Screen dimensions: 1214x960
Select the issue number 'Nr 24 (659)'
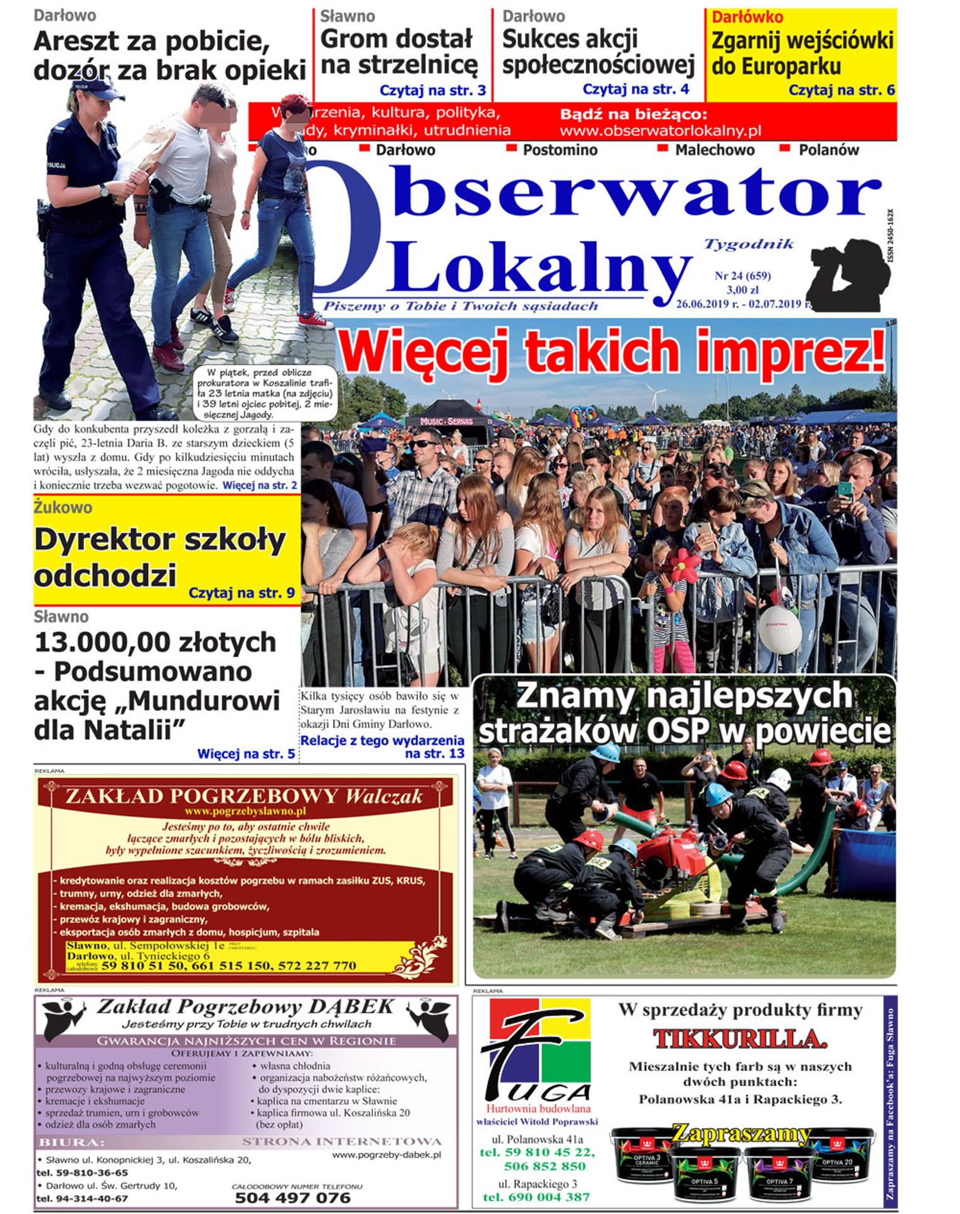click(x=742, y=275)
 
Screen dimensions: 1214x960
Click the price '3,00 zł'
click(x=742, y=290)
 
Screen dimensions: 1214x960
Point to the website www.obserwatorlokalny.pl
click(x=660, y=131)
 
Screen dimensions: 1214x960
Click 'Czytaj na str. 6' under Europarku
click(x=841, y=90)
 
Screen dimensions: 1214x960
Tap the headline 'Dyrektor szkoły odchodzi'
click(x=159, y=556)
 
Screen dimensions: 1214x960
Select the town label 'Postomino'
click(x=560, y=151)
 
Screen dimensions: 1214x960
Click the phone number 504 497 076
click(x=292, y=1198)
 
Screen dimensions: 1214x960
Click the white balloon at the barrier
click(x=780, y=628)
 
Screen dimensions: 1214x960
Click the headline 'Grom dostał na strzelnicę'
click(x=398, y=52)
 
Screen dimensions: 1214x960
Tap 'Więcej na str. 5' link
click(x=246, y=753)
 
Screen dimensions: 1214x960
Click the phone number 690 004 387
click(x=536, y=1197)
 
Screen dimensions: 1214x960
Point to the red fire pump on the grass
click(x=668, y=855)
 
